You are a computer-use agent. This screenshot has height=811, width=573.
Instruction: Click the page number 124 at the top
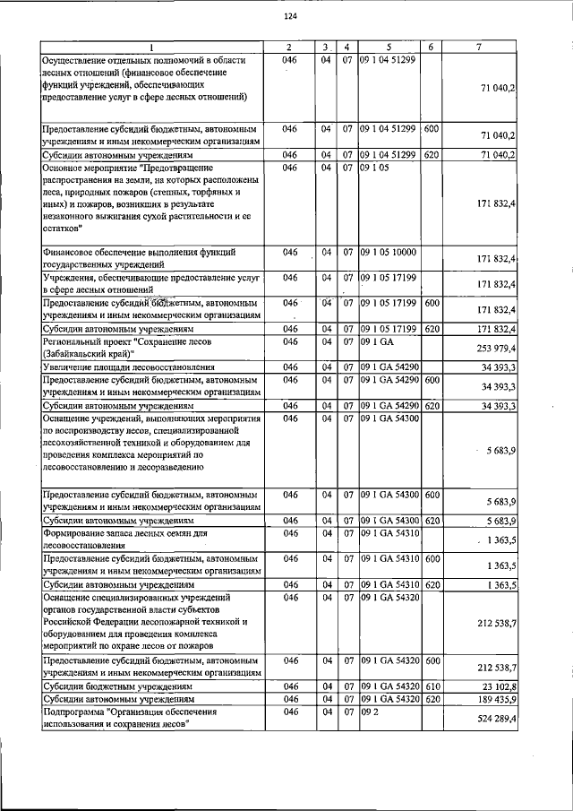pyautogui.click(x=289, y=16)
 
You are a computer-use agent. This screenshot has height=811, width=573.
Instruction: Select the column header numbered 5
pyautogui.click(x=389, y=47)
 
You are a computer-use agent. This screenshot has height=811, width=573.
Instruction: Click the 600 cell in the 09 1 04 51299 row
pyautogui.click(x=431, y=129)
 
